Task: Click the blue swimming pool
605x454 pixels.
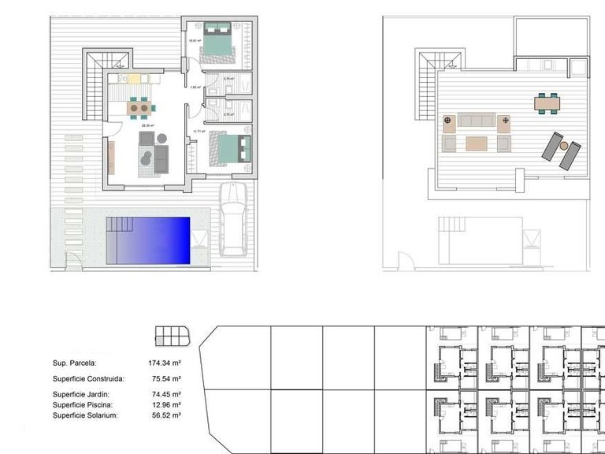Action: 150,241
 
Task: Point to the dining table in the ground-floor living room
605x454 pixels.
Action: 139,106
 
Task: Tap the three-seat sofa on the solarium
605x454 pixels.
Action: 476,120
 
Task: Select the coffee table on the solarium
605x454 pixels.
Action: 476,143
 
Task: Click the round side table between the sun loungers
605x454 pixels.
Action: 563,146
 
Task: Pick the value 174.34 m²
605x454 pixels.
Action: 165,363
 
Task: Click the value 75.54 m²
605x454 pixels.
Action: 166,379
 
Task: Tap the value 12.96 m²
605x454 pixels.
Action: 166,404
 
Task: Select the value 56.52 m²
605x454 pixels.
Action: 166,415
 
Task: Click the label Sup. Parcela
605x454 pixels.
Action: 74,363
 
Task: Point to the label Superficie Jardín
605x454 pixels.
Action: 81,394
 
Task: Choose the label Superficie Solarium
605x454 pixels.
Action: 85,415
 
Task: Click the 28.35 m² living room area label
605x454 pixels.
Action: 147,125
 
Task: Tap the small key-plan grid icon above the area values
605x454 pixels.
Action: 173,336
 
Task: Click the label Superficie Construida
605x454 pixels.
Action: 88,379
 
